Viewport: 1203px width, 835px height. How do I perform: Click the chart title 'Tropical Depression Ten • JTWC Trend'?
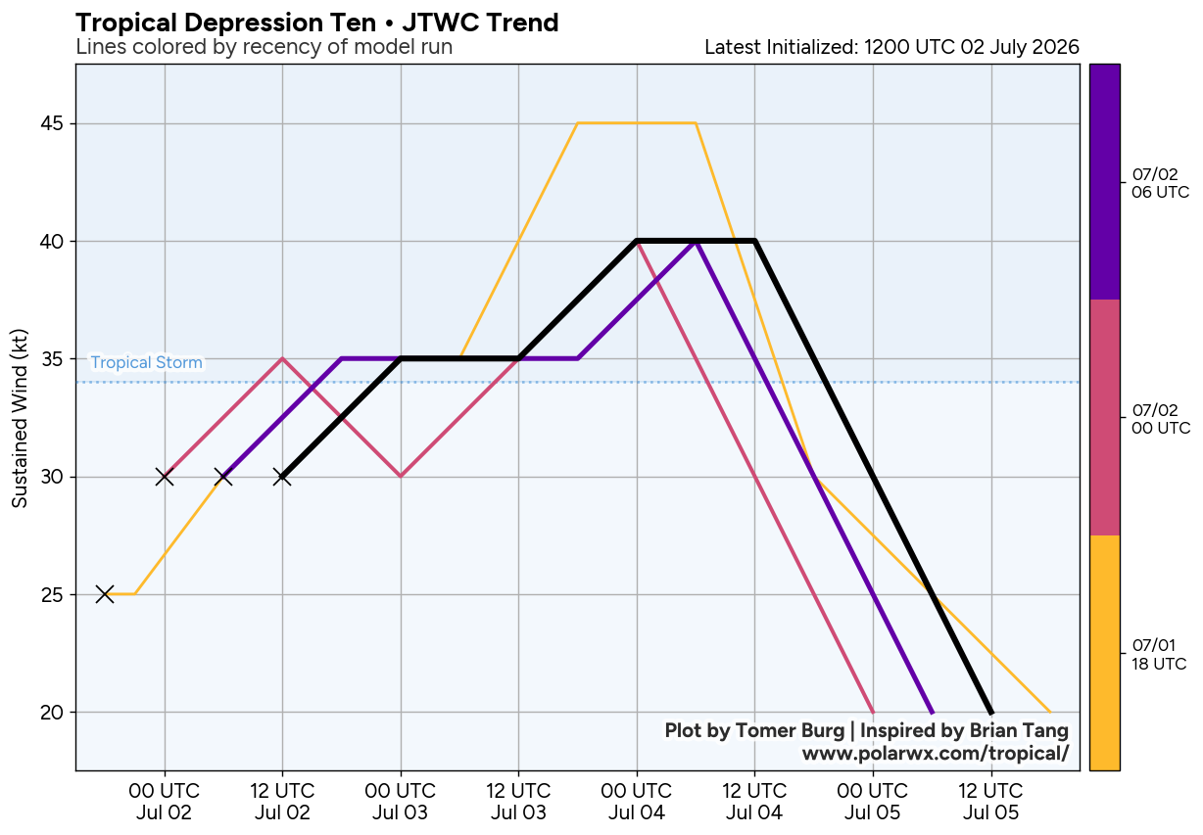click(x=317, y=23)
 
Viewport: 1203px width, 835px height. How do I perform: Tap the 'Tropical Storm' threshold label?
click(x=147, y=363)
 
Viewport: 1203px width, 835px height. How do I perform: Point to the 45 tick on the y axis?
click(x=52, y=123)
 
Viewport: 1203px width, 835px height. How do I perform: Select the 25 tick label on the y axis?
click(x=52, y=594)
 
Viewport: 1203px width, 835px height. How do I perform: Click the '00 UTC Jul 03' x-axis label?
click(x=400, y=801)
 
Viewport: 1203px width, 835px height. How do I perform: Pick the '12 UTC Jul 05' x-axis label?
click(x=990, y=801)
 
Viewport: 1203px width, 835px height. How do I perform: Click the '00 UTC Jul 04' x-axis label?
click(x=637, y=801)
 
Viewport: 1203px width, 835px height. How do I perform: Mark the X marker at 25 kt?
click(x=105, y=594)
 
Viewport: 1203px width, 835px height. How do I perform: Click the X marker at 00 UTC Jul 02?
click(x=165, y=477)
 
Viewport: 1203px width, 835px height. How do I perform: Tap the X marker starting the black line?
click(x=282, y=477)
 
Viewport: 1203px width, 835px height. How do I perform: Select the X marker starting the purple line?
click(x=223, y=477)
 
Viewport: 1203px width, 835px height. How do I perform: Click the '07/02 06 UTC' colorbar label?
click(x=1160, y=183)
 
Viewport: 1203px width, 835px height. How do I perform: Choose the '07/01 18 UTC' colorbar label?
click(x=1159, y=654)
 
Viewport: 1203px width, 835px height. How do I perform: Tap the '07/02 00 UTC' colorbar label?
click(x=1161, y=419)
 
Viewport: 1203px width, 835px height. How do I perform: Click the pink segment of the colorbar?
click(x=1105, y=417)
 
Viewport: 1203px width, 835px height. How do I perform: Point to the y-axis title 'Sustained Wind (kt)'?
click(x=20, y=418)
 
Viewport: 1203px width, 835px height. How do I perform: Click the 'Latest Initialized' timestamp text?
click(x=891, y=47)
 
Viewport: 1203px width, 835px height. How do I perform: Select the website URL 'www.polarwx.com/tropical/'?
click(x=935, y=753)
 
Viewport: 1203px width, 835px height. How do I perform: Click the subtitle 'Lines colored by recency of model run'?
click(x=265, y=47)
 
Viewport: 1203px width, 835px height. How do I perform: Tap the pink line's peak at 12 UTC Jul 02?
click(x=282, y=358)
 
